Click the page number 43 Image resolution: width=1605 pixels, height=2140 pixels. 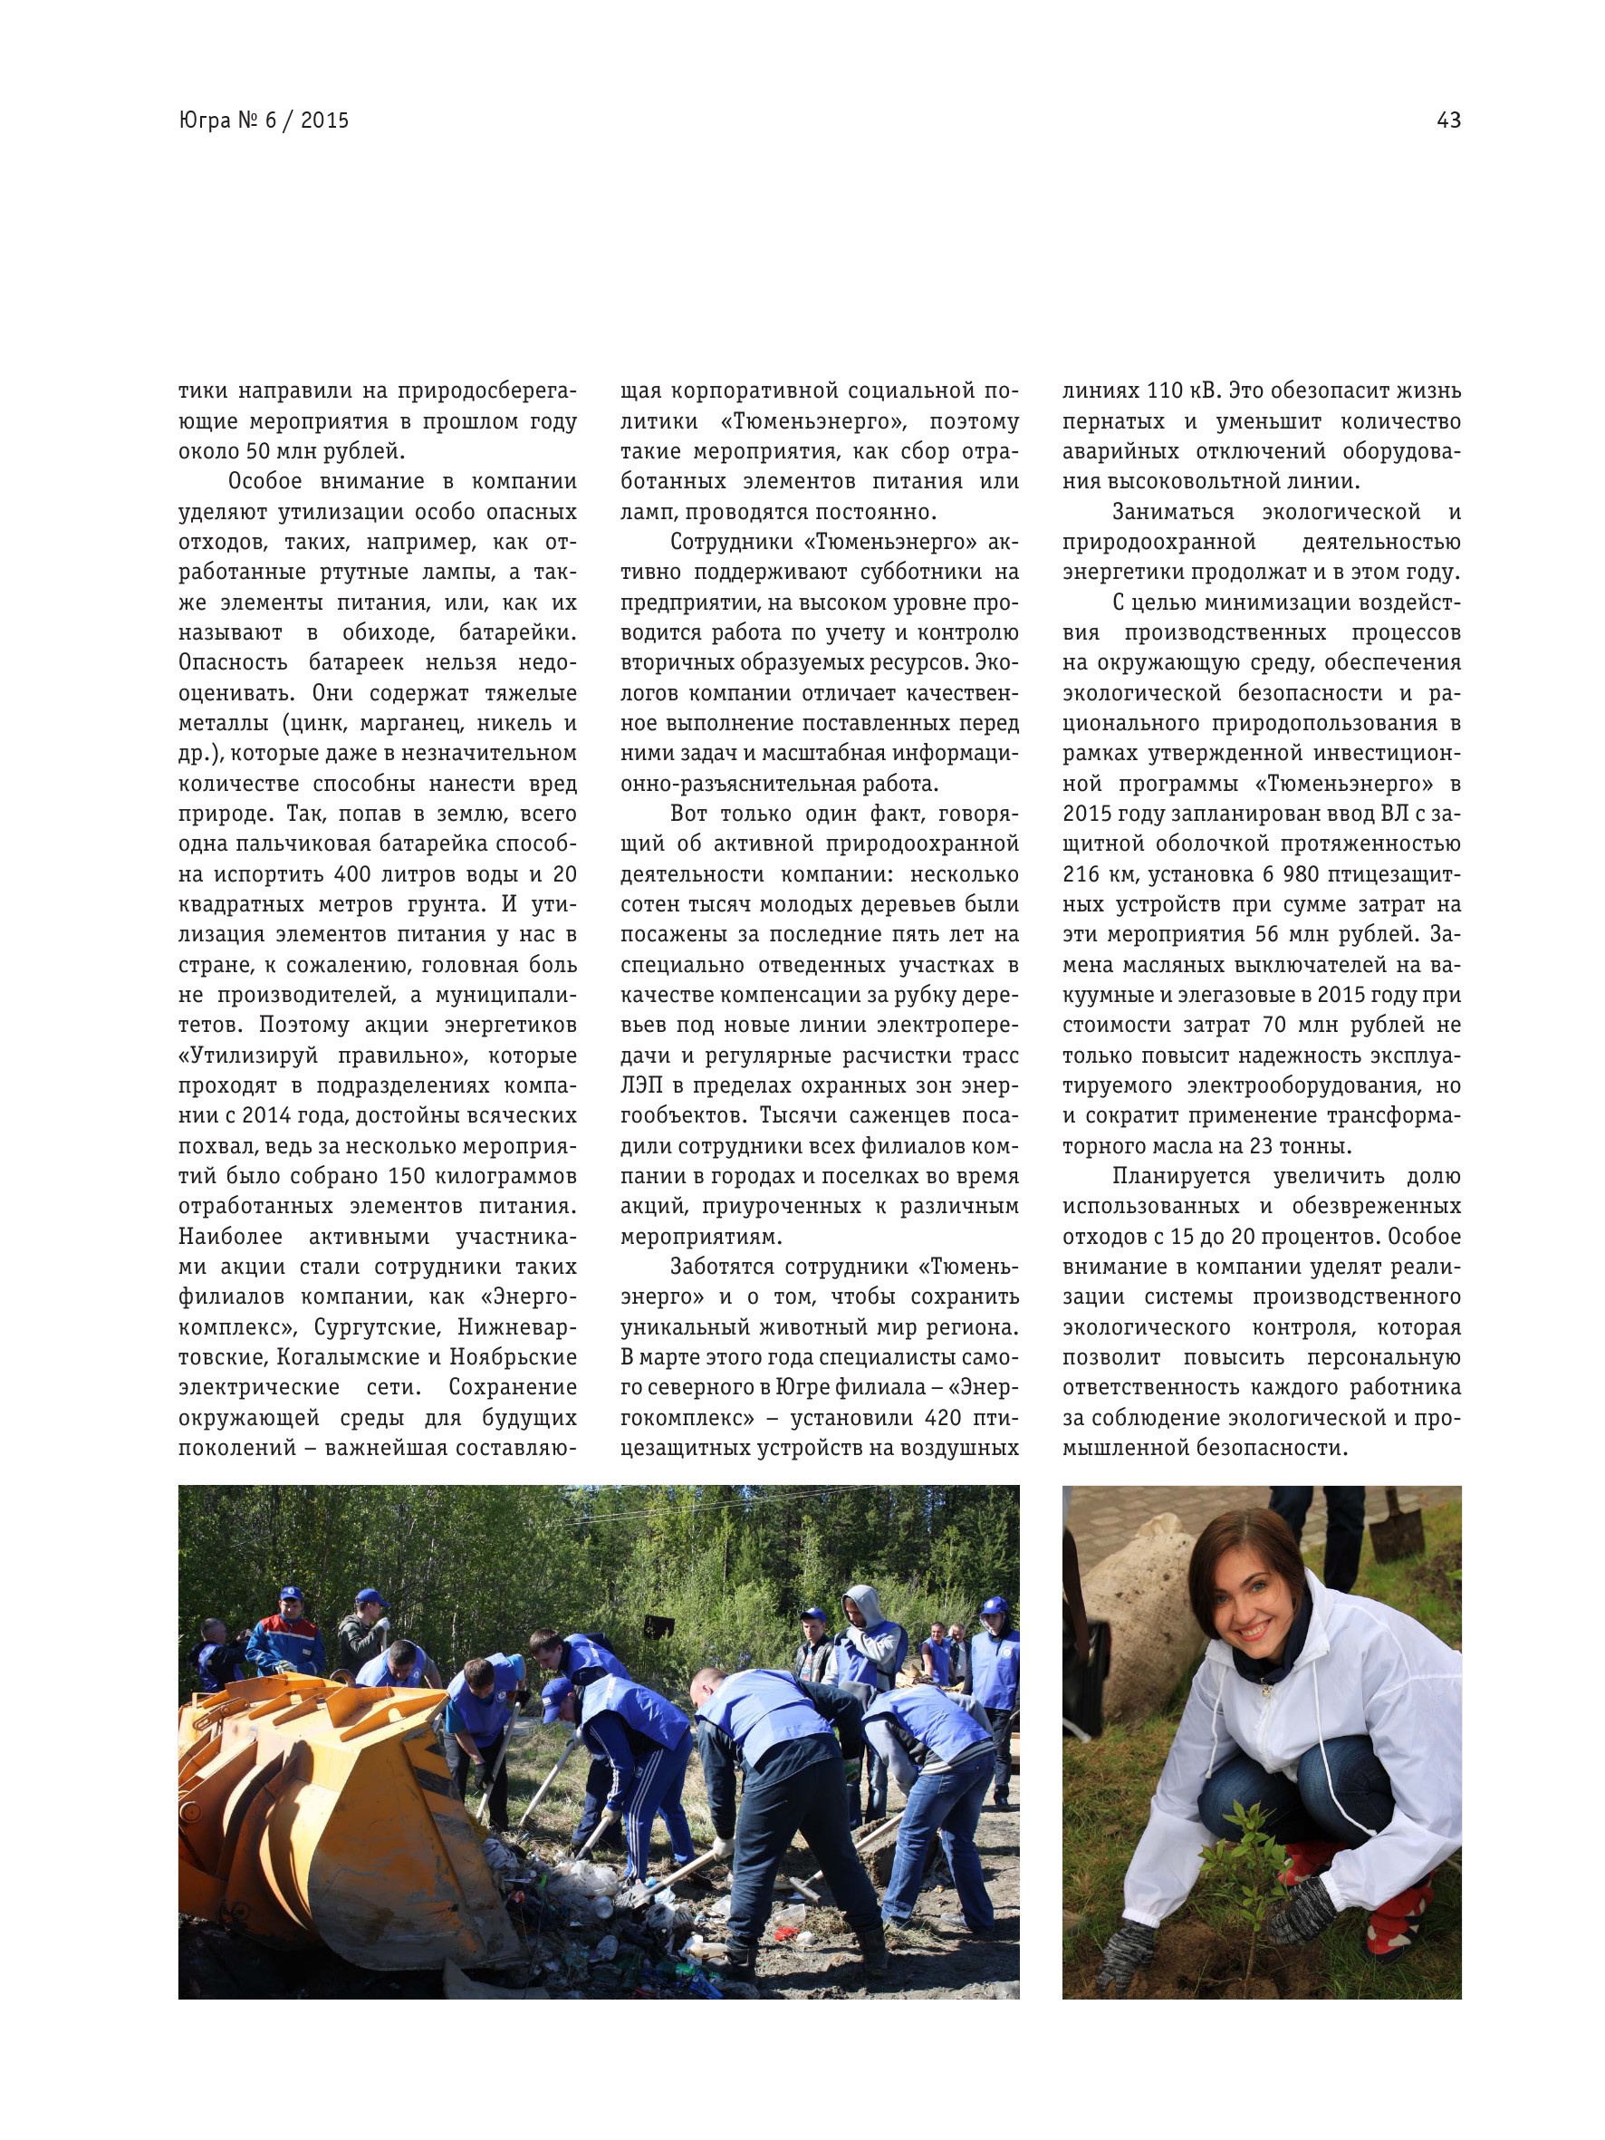[x=1448, y=120]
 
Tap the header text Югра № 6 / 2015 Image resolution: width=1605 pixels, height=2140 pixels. [x=264, y=120]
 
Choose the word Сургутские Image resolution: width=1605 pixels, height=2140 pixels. [x=379, y=1327]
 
